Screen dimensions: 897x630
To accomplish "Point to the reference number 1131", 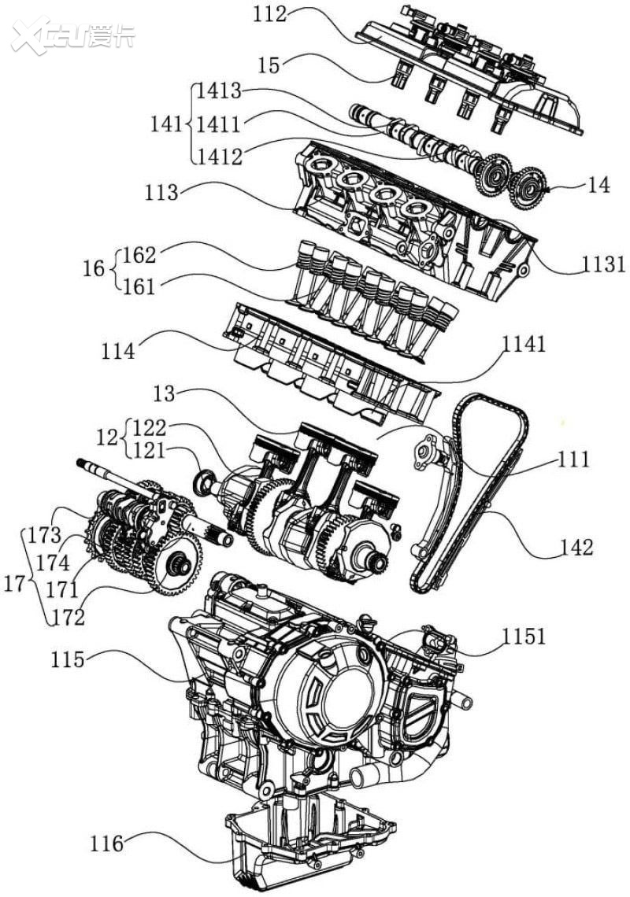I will coord(604,264).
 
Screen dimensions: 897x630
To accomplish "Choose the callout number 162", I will coord(139,255).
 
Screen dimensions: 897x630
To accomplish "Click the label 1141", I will coord(527,345).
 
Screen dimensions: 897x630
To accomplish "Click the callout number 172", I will coord(69,618).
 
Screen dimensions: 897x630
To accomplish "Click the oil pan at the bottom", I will coord(307,846).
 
